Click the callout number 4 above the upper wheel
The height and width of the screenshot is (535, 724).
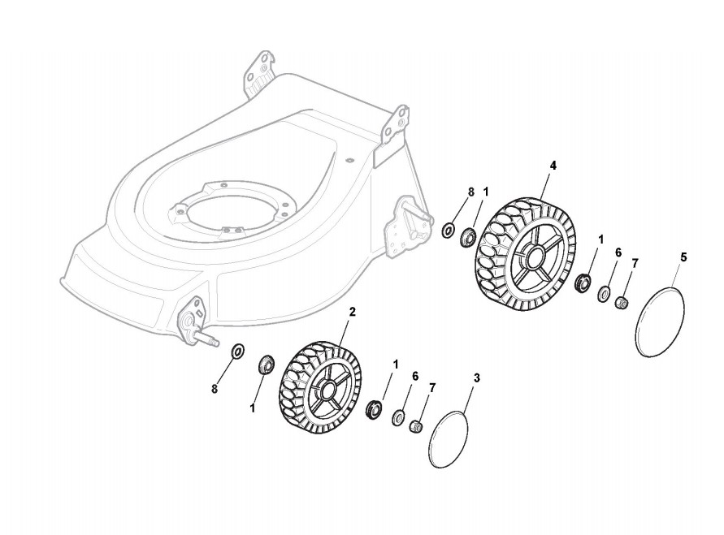553,166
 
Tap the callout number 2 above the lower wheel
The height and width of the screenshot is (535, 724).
352,311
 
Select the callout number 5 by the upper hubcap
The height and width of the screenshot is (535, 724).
683,257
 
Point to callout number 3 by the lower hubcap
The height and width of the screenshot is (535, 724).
476,378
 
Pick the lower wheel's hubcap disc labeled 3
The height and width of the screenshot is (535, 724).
449,439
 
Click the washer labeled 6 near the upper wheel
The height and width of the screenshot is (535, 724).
605,294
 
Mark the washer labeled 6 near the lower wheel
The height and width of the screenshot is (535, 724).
398,417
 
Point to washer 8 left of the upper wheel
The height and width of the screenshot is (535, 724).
448,231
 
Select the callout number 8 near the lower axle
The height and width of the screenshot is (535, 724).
215,390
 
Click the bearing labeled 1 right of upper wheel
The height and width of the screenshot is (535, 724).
583,283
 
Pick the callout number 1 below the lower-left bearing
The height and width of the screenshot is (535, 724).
252,409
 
